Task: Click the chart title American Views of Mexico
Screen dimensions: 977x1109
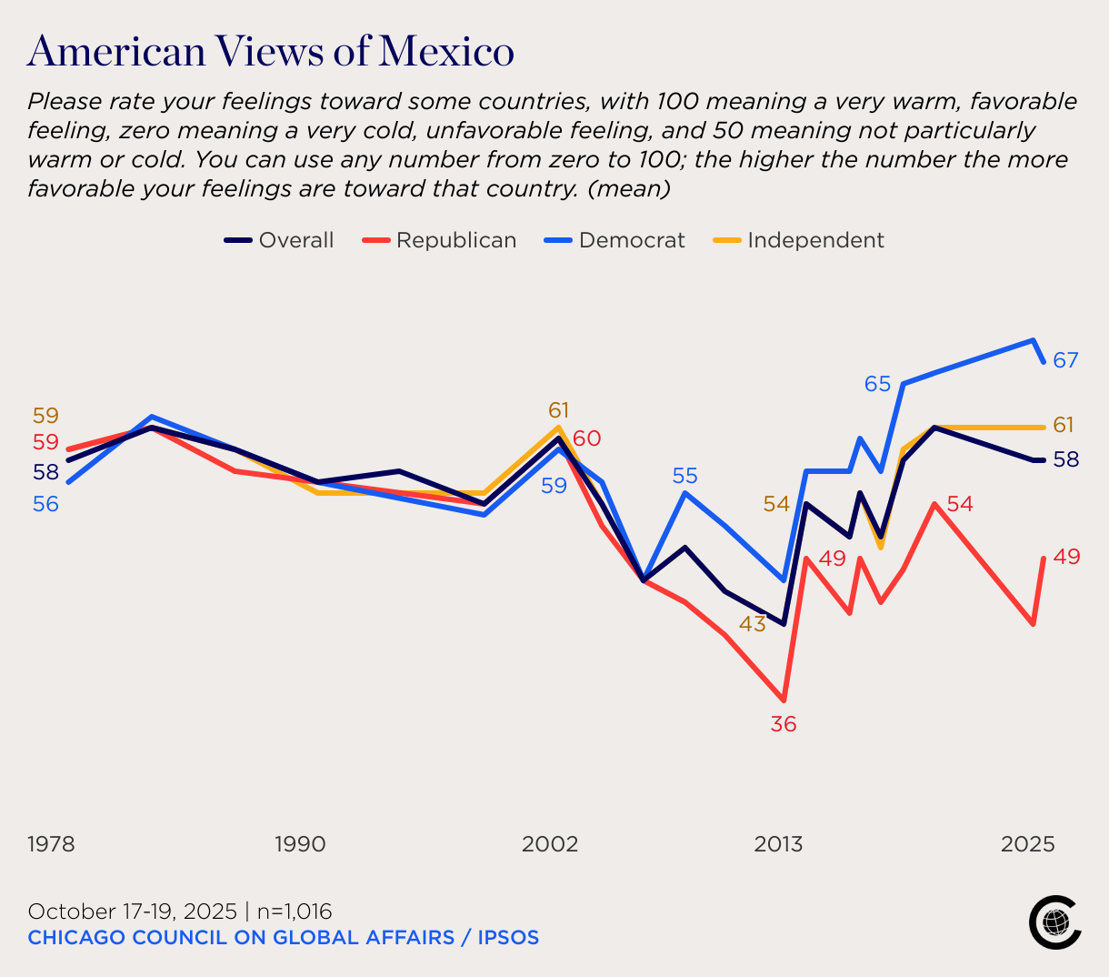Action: (x=271, y=51)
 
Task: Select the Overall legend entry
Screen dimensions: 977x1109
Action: (x=280, y=240)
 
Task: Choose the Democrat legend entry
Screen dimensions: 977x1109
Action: (x=614, y=240)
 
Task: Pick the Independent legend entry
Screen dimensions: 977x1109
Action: (x=798, y=240)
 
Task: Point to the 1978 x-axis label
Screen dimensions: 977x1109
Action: (x=52, y=844)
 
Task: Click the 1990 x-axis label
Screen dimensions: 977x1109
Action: (x=300, y=844)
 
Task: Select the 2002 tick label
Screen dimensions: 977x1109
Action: (x=549, y=844)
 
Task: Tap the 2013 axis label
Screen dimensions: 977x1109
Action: (x=778, y=844)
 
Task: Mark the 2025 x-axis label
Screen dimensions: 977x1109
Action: (x=1028, y=844)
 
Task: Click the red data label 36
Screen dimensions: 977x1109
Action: (x=784, y=724)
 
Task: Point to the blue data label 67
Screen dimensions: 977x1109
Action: (x=1065, y=360)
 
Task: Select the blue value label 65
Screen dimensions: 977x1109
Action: (x=877, y=384)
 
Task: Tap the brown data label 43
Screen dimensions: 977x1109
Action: (x=752, y=624)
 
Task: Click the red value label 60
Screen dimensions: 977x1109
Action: (x=586, y=438)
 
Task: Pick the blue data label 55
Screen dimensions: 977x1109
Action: (x=685, y=475)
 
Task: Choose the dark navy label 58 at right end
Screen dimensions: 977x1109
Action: (x=1065, y=459)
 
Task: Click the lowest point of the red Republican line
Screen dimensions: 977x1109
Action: (x=783, y=700)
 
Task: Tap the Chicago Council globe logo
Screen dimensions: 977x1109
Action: (x=1054, y=922)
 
